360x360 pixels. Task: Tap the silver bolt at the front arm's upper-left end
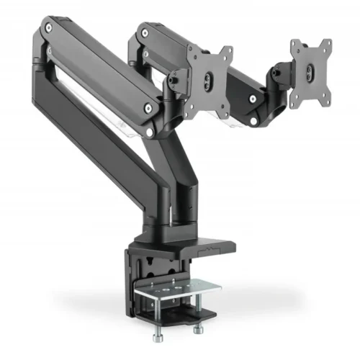(50, 30)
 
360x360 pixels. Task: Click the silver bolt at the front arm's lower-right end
(148, 108)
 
